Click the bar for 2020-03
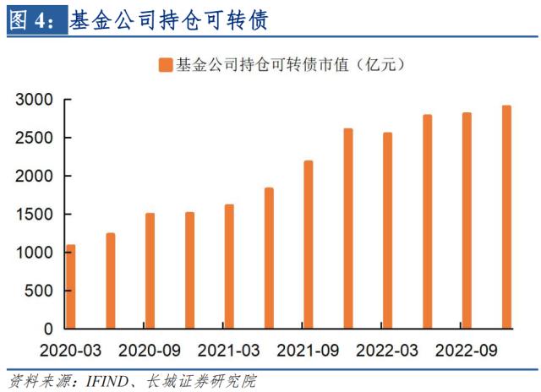pyautogui.click(x=71, y=286)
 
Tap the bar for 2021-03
pyautogui.click(x=229, y=266)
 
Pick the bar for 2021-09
pyautogui.click(x=309, y=244)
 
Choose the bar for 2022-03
pyautogui.click(x=387, y=230)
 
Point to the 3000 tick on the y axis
pyautogui.click(x=35, y=101)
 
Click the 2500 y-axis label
pyautogui.click(x=35, y=139)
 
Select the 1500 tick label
pyautogui.click(x=35, y=215)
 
